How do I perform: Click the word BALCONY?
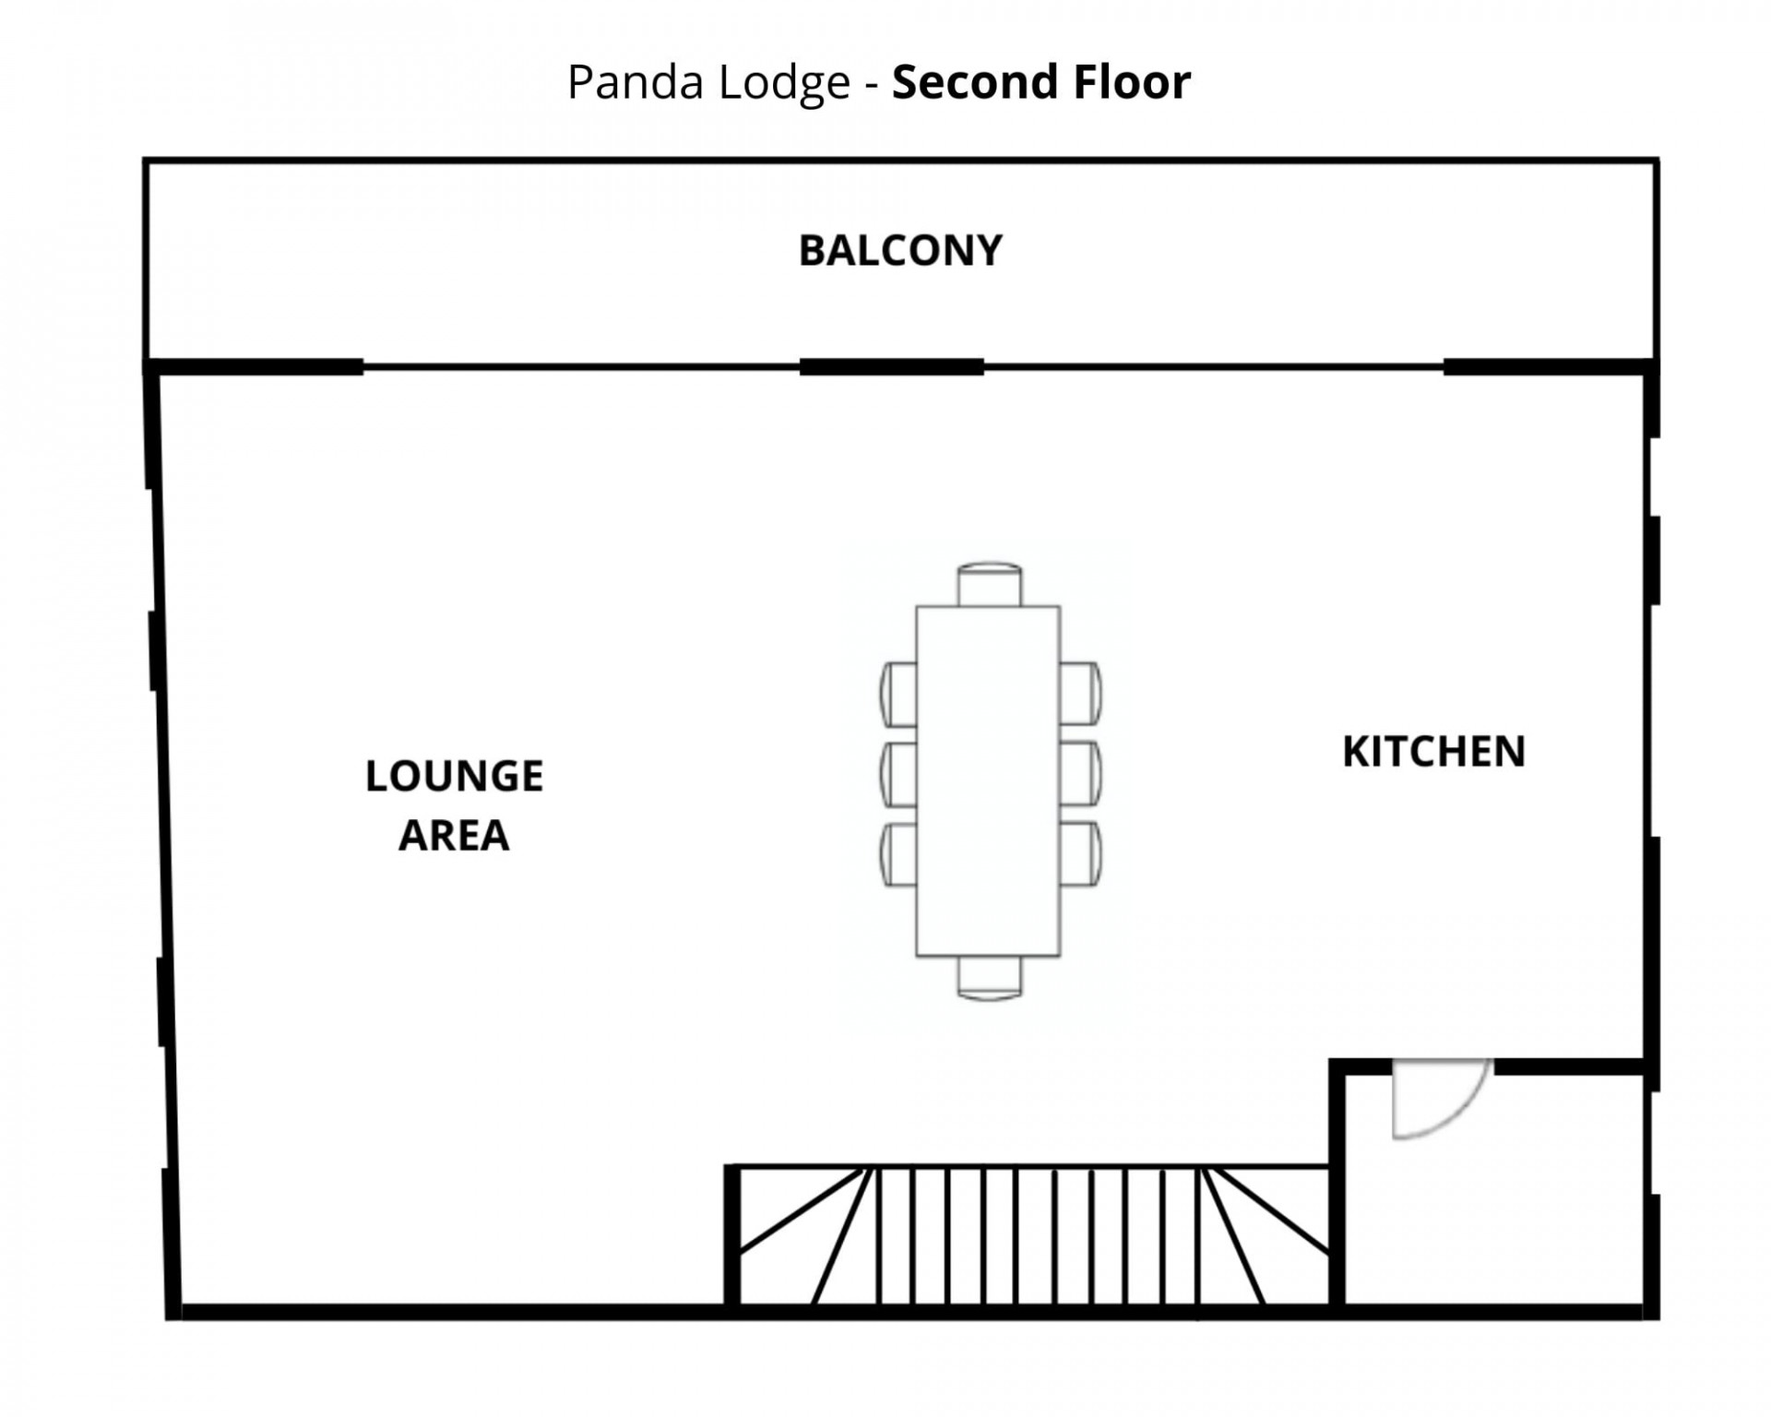pos(899,251)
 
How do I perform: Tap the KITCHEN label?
pos(1433,752)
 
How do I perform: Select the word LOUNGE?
pos(454,776)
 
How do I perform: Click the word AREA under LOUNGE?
pos(453,836)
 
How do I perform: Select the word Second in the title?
pos(963,82)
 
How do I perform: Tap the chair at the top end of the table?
pos(989,585)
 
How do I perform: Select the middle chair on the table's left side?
pos(899,773)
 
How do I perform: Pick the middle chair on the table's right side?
pos(1080,773)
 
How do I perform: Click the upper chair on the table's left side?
pos(899,694)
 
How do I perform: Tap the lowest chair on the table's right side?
pos(1080,853)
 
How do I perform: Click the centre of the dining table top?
pos(988,780)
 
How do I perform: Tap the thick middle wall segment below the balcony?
pos(891,367)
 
